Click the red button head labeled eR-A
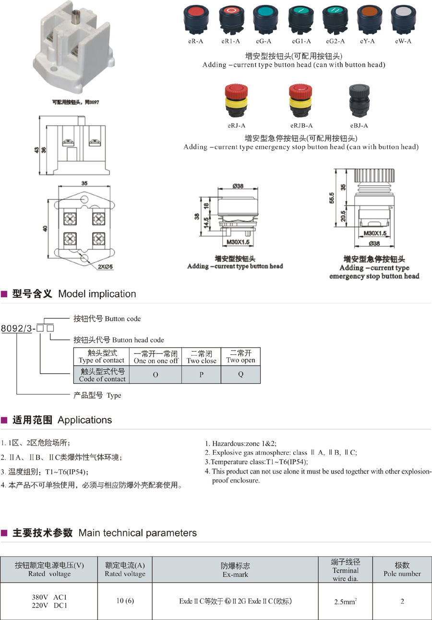(195, 18)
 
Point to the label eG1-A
(300, 41)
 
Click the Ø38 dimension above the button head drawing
(238, 186)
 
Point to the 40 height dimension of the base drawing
(45, 228)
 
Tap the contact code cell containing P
(201, 375)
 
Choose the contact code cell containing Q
(240, 375)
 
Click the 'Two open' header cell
(240, 357)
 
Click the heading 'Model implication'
(97, 294)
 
